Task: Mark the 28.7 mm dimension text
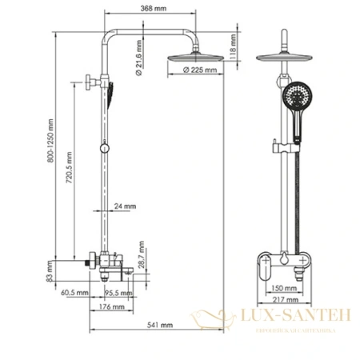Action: (141, 256)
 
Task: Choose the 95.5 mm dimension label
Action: (122, 294)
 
